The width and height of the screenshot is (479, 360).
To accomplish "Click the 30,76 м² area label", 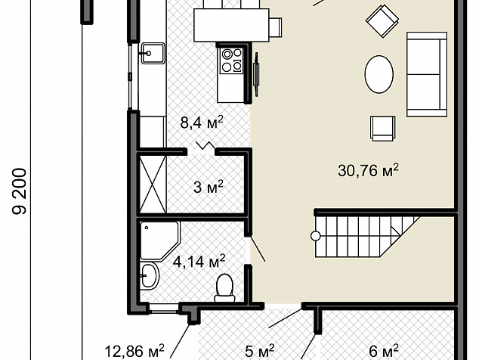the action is coord(369,171).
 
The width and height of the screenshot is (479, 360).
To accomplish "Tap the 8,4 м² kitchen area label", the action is coord(202,123).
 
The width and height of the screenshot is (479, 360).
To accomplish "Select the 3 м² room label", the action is coord(209,187).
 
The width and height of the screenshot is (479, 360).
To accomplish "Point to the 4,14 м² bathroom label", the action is coord(199,262).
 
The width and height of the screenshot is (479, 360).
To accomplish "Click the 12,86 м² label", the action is coord(134,351).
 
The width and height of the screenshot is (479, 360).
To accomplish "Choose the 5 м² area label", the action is coord(260,351).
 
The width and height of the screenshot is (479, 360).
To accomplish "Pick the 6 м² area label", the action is coord(384,351).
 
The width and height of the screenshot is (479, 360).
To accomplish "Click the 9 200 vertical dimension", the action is coord(19,191).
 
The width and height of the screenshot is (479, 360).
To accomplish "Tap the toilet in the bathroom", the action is coord(224,287).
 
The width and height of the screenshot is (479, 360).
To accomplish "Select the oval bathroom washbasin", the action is coord(150,276).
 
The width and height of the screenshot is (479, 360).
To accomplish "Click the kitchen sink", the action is coord(153,53).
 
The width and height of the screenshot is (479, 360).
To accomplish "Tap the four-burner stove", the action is coord(231,61).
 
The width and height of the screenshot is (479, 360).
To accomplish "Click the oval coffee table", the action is coord(379,74).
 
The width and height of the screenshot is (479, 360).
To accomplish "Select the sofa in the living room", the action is coord(427,74).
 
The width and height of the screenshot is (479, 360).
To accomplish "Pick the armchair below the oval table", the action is coord(383,128).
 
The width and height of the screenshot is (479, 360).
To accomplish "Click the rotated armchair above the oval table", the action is coord(382,21).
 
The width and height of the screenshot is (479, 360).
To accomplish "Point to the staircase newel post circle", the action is coord(316,236).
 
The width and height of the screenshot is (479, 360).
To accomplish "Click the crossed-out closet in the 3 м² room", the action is coord(153,185).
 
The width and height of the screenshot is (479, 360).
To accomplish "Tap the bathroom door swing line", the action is coord(258,248).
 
